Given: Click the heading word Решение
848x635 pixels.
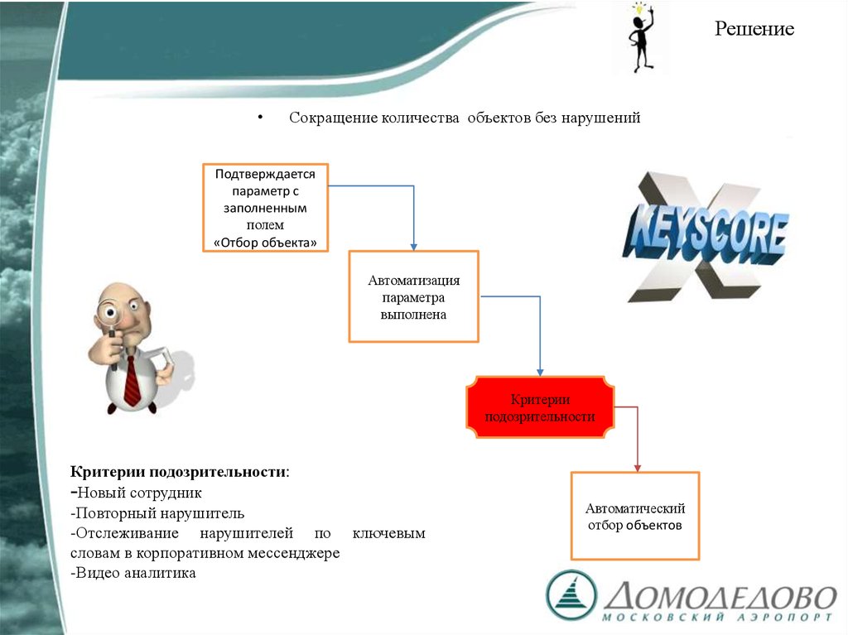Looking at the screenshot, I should [x=754, y=30].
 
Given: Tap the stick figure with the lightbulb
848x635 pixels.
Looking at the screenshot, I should [x=640, y=38].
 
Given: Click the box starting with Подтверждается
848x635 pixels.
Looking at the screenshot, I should [x=265, y=208].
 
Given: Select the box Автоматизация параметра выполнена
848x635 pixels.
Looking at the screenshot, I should [x=413, y=296].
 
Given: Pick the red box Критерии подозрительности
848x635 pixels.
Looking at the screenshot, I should [x=540, y=409].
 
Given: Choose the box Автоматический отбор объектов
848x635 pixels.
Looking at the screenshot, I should [x=635, y=516].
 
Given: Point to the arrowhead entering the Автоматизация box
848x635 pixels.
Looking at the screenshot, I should [x=413, y=245].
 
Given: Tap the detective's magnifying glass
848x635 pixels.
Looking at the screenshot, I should [x=111, y=315].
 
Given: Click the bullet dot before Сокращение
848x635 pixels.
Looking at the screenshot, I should [x=259, y=118].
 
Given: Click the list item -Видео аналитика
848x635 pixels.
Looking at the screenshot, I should [x=134, y=573].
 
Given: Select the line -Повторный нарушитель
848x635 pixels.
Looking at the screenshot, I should [x=157, y=513].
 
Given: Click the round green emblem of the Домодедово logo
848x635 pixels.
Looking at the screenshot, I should [x=571, y=594].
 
